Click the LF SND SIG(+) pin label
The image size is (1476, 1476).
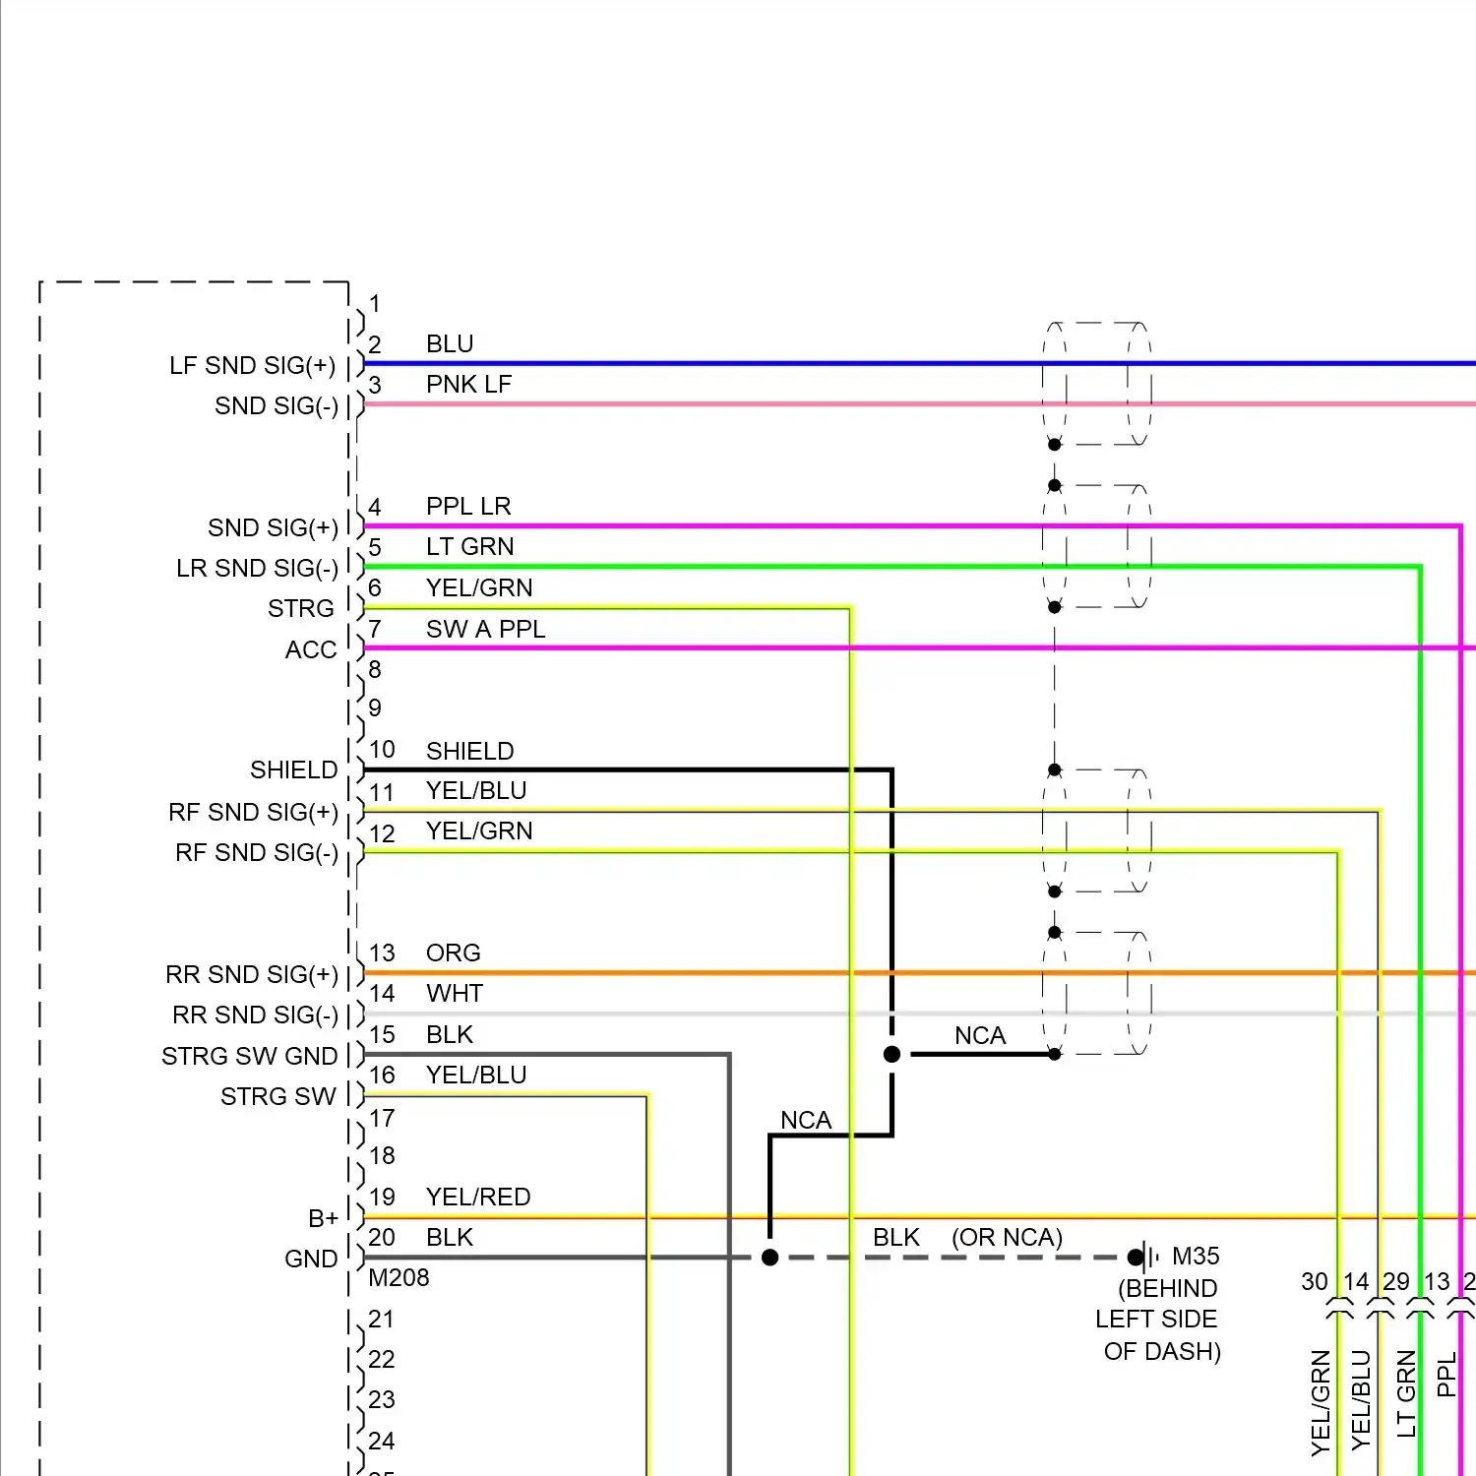click(x=252, y=366)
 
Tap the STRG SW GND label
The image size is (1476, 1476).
click(x=249, y=1056)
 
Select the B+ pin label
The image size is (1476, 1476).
click(x=323, y=1218)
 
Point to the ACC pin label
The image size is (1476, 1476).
click(x=311, y=649)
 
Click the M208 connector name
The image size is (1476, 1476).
click(x=399, y=1277)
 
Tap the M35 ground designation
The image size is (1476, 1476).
click(x=1196, y=1256)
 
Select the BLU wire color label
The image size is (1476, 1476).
click(x=450, y=343)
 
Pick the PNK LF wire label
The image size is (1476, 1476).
click(x=468, y=384)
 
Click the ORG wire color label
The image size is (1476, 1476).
click(x=453, y=953)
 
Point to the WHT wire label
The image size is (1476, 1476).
click(x=454, y=993)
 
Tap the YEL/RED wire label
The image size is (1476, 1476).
click(x=478, y=1197)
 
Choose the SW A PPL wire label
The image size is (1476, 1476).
click(x=485, y=629)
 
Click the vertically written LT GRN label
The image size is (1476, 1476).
click(x=1406, y=1392)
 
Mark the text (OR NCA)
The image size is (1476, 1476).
click(x=1007, y=1237)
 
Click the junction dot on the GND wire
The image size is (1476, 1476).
click(x=770, y=1258)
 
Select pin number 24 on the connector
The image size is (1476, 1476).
click(x=381, y=1441)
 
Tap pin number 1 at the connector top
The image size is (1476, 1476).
click(x=374, y=303)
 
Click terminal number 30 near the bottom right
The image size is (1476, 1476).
click(x=1314, y=1281)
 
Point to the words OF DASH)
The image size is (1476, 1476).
click(x=1162, y=1351)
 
